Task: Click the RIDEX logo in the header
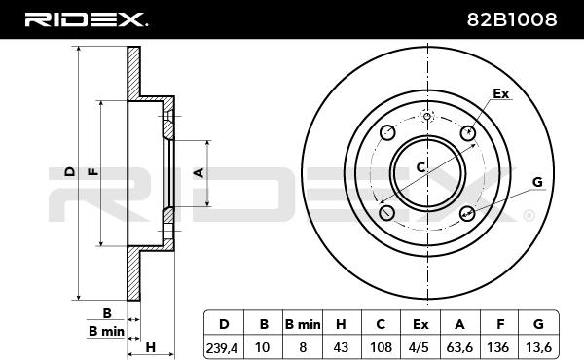click(x=86, y=19)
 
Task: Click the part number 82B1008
click(x=512, y=19)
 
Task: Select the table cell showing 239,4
click(x=222, y=347)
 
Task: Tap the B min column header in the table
click(x=303, y=324)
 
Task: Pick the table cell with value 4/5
click(x=420, y=347)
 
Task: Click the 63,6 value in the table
click(x=459, y=347)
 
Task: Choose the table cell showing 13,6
click(x=538, y=347)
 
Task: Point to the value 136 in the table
click(x=498, y=347)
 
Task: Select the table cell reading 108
click(x=381, y=347)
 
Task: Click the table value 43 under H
click(x=341, y=347)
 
